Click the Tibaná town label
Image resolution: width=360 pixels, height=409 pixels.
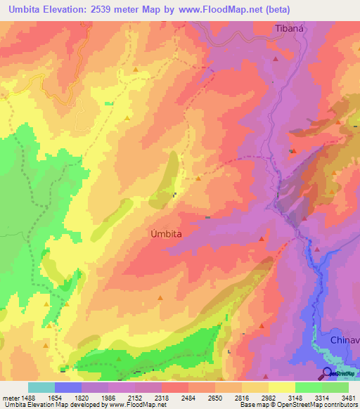[x=289, y=29]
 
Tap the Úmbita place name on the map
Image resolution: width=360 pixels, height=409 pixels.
[x=168, y=235]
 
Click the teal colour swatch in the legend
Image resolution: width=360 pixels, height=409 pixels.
[x=41, y=387]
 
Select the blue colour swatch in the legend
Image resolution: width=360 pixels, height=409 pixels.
[x=67, y=387]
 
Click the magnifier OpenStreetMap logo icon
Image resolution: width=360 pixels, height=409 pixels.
[x=328, y=372]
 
